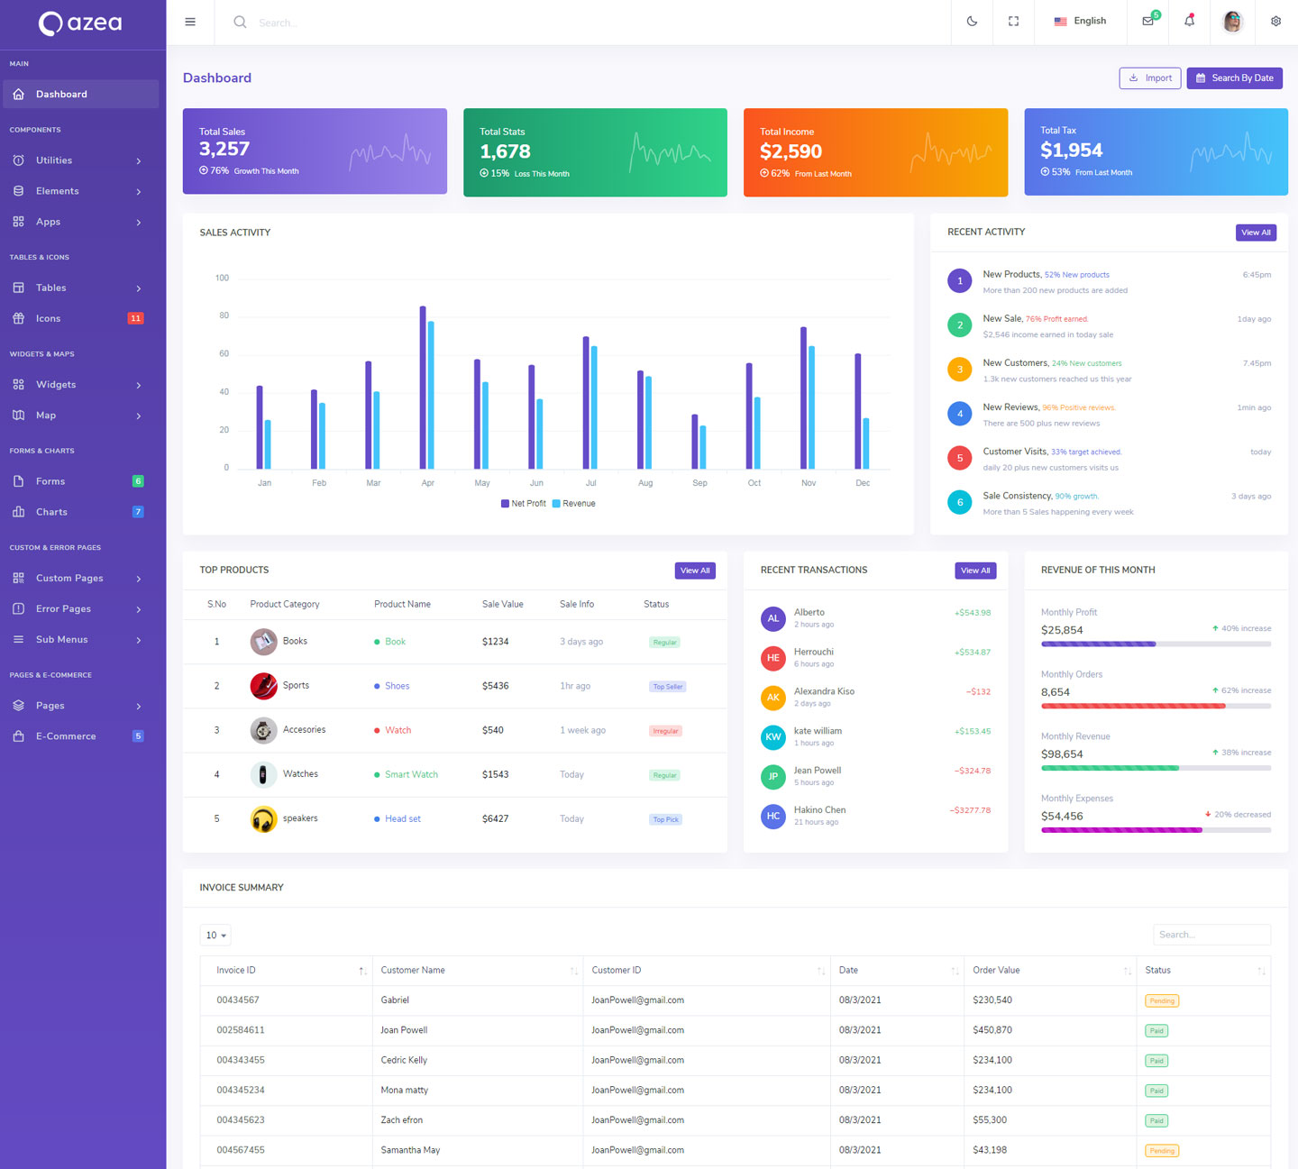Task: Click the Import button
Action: click(x=1150, y=78)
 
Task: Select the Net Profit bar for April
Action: click(x=423, y=388)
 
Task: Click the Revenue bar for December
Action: click(x=866, y=443)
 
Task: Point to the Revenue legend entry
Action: click(x=574, y=504)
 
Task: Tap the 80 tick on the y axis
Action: click(x=224, y=315)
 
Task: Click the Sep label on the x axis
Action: click(x=699, y=483)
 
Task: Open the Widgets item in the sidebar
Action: click(x=56, y=385)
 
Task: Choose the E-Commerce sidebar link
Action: click(x=66, y=736)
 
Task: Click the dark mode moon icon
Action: click(x=972, y=22)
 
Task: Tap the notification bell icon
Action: click(x=1189, y=22)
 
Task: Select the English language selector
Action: click(x=1080, y=22)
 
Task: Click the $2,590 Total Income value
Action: click(x=791, y=151)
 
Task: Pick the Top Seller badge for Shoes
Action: click(x=668, y=687)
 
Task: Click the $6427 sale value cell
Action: click(x=495, y=819)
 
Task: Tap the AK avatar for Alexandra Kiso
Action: click(x=772, y=698)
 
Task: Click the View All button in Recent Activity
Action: click(x=1256, y=233)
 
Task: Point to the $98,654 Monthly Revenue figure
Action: click(x=1062, y=754)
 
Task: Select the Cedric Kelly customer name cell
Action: click(x=404, y=1060)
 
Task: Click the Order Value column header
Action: click(x=996, y=971)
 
